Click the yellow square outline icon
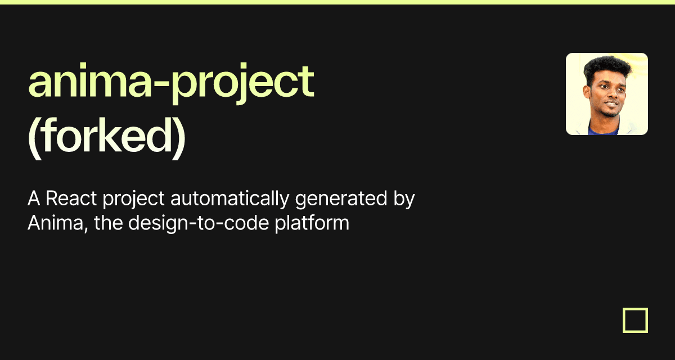pos(635,320)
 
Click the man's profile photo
pos(606,94)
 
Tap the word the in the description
pos(109,223)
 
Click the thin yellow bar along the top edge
pos(337,2)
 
